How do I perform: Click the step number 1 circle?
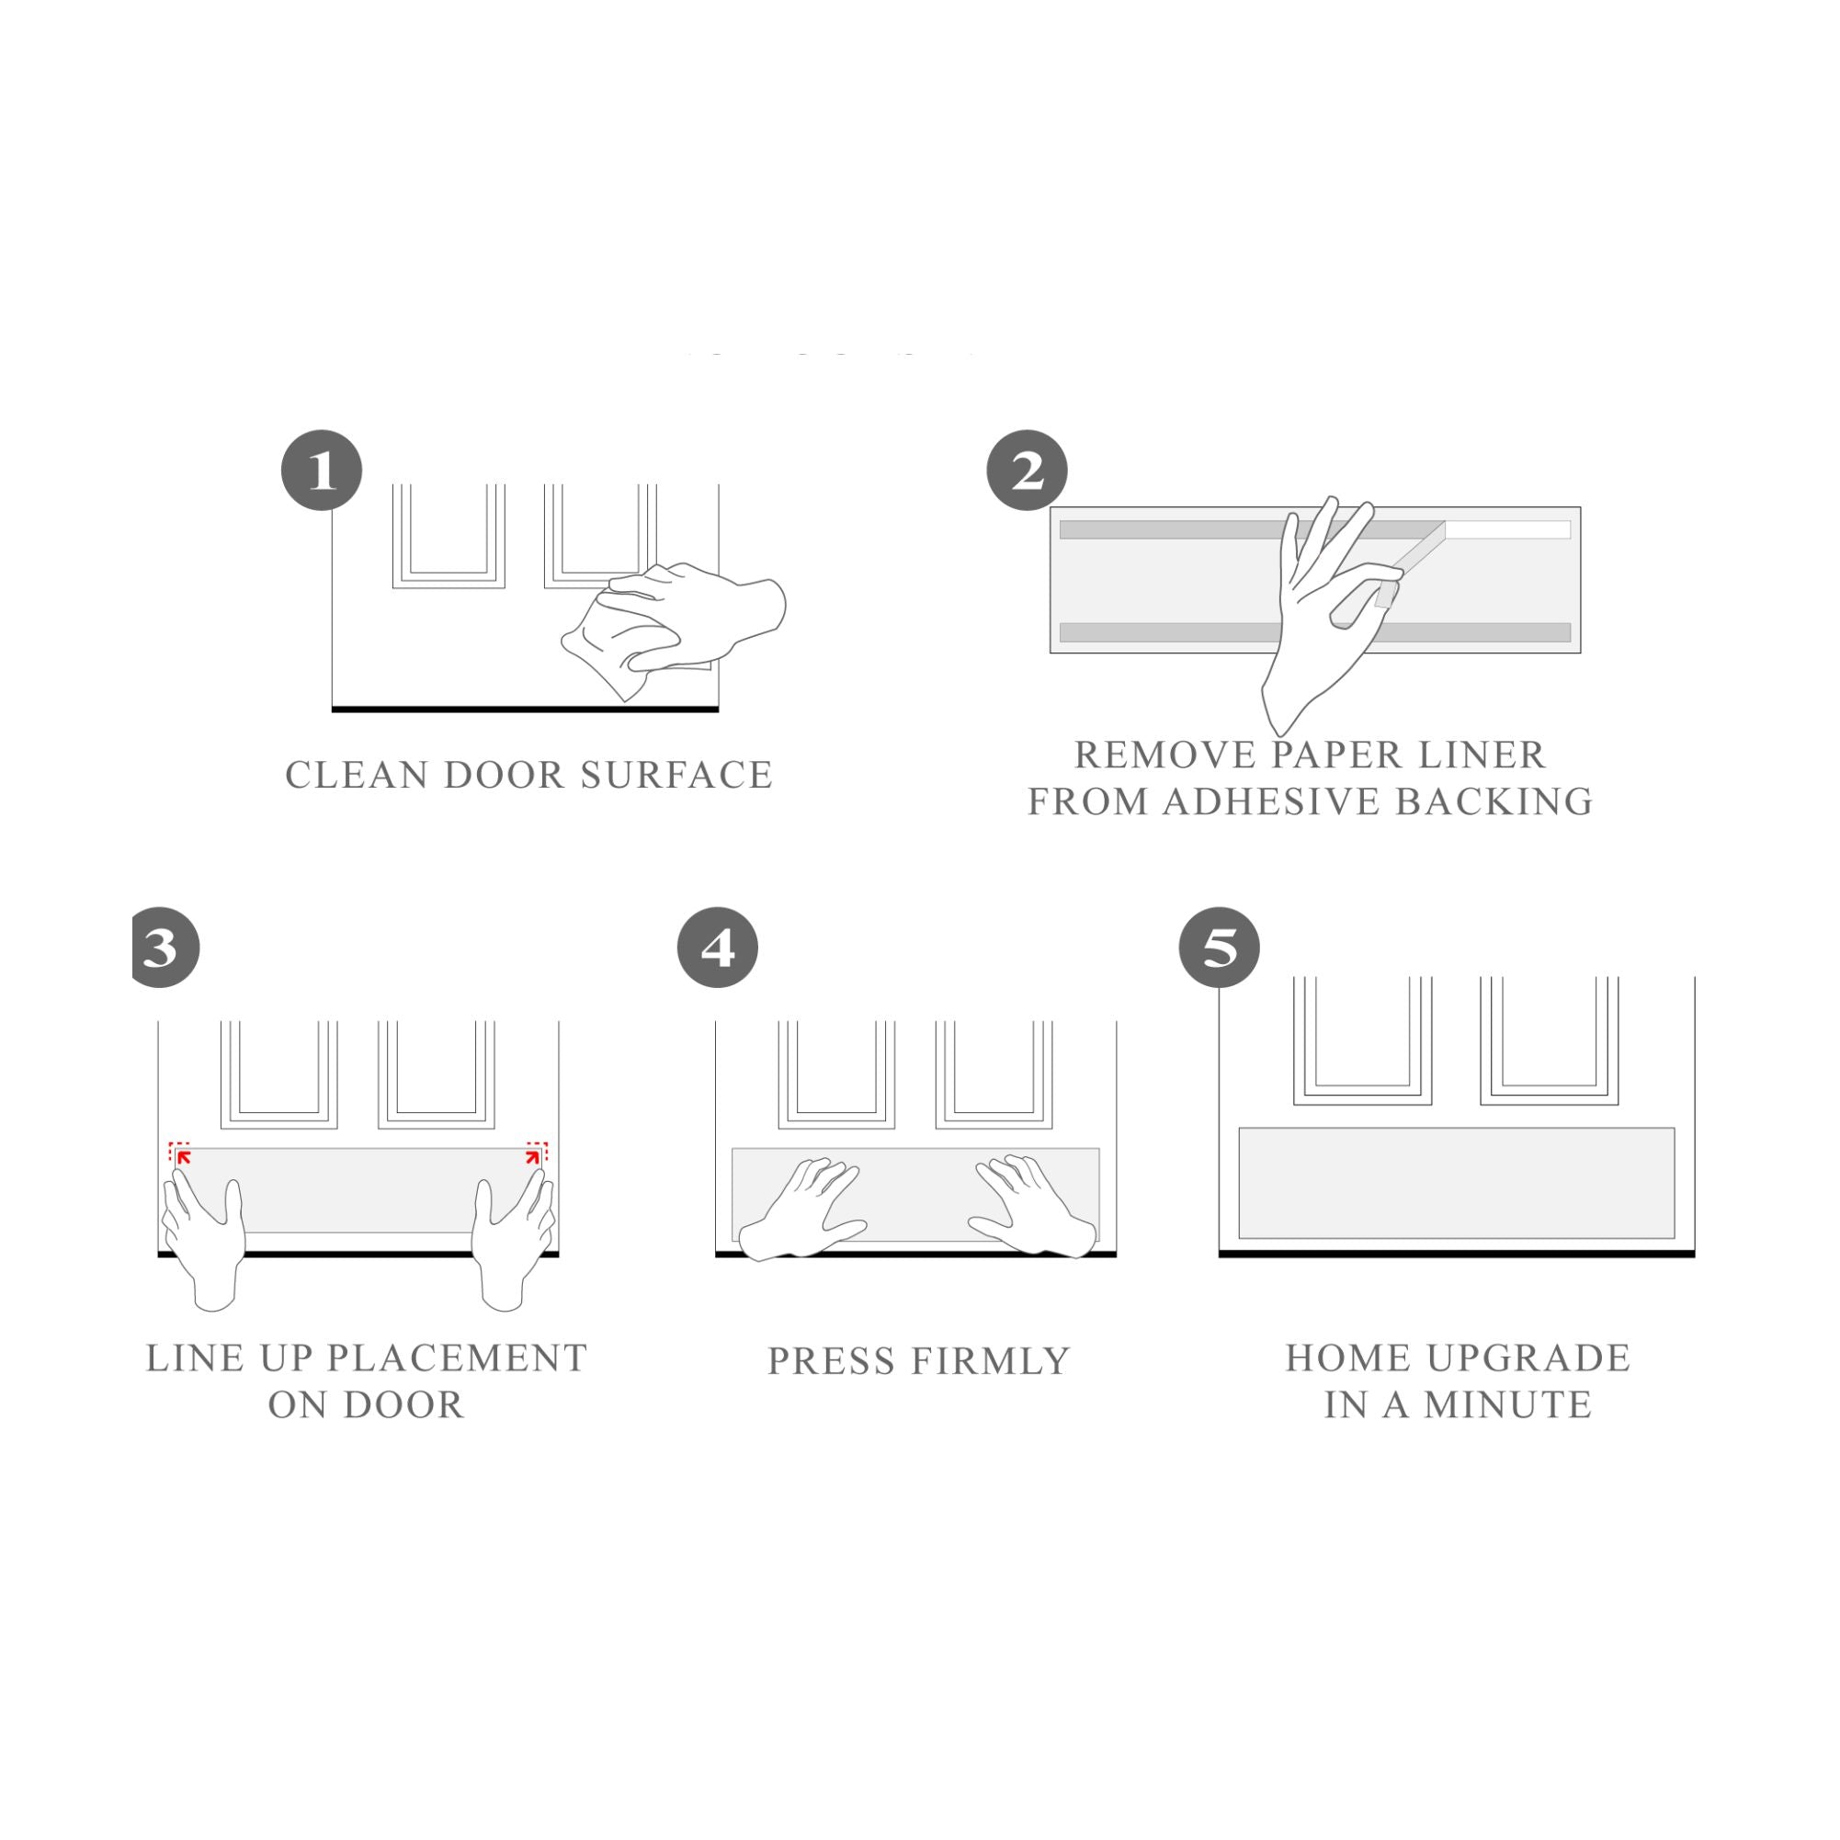point(322,471)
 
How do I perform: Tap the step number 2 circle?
point(1027,471)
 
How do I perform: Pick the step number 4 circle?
point(717,948)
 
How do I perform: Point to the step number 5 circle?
point(1219,948)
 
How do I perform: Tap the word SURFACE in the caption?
point(676,775)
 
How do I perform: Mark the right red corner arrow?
point(533,1156)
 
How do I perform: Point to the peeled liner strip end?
point(1387,596)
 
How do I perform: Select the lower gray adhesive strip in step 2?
point(1315,632)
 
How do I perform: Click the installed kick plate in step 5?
point(1456,1183)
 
